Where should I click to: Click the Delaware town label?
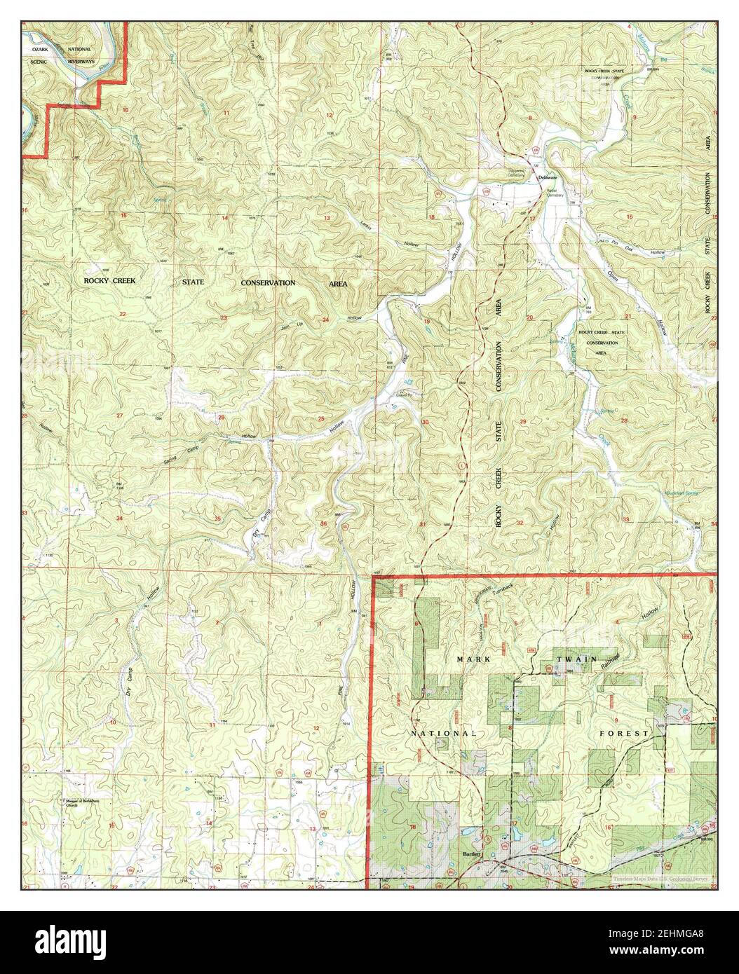pos(547,178)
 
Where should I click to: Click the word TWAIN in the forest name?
pos(576,659)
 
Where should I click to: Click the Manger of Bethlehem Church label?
pos(81,804)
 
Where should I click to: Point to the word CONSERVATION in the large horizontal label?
pos(269,282)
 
